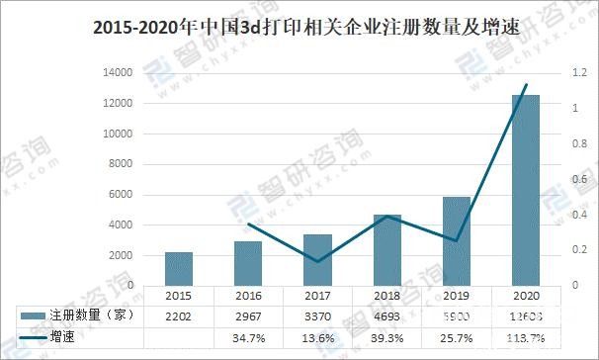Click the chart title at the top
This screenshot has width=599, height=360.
pos(299,28)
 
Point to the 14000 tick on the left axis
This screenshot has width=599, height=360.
pos(120,73)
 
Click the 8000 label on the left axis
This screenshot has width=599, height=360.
pos(123,164)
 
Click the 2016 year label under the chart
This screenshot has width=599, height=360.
pos(247,296)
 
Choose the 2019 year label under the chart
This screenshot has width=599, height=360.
pos(457,296)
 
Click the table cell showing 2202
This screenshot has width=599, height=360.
pos(179,315)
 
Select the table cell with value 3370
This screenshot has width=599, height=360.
pos(317,315)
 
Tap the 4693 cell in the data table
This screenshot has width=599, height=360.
pos(386,315)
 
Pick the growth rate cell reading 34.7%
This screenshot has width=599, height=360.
pos(248,337)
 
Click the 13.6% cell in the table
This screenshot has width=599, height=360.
pos(317,337)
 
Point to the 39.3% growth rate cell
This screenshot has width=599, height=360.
pos(386,337)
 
